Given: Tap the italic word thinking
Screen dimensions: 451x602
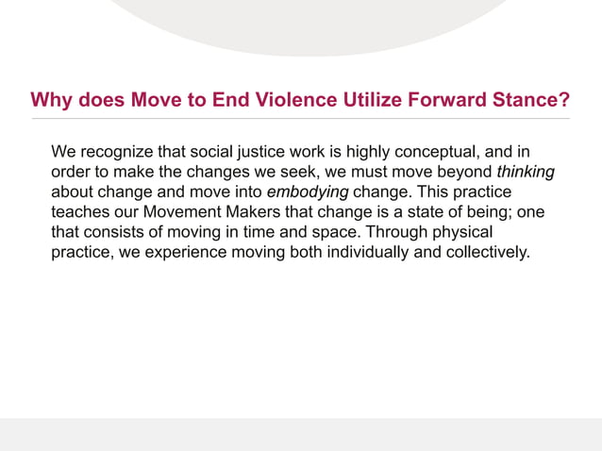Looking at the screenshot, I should (x=526, y=173).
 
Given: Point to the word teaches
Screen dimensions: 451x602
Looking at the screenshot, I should (x=78, y=212).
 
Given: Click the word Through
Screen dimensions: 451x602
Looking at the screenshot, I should (x=400, y=232).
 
